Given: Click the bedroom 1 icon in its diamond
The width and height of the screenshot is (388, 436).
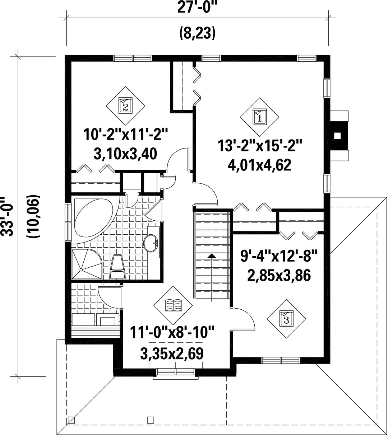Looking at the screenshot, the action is click(260, 117).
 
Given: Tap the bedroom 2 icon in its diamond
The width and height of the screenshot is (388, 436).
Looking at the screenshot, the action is click(125, 106).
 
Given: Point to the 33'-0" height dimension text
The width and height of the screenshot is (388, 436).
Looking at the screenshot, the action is click(8, 217).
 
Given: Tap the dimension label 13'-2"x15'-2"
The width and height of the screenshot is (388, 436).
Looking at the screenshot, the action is click(260, 146).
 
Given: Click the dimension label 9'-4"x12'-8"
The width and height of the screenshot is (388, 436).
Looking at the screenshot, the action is click(279, 255).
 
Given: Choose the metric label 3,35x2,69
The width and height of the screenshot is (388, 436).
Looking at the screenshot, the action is click(172, 353).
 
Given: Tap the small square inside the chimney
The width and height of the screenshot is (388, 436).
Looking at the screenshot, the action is click(337, 136).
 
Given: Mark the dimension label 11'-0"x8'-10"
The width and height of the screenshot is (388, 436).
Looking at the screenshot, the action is click(172, 332).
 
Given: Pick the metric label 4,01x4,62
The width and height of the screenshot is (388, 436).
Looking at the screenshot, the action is click(260, 165).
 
